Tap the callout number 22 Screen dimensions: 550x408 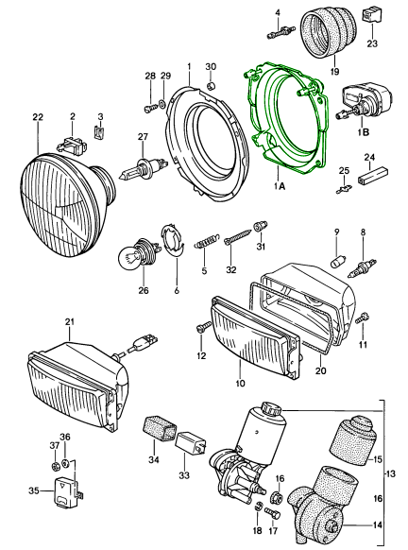(38, 116)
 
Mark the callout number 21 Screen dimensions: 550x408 (69, 323)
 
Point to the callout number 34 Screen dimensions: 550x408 (154, 460)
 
